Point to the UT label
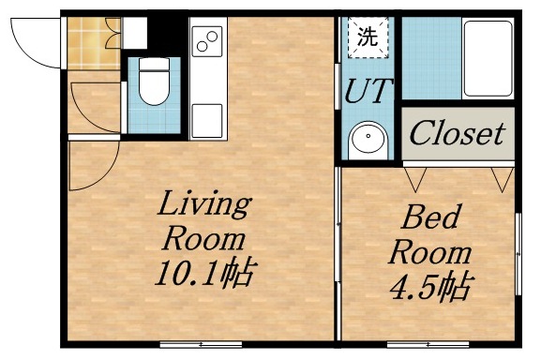click(367, 92)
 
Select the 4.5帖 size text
click(429, 286)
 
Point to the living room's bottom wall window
click(196, 343)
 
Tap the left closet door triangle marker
click(414, 175)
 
